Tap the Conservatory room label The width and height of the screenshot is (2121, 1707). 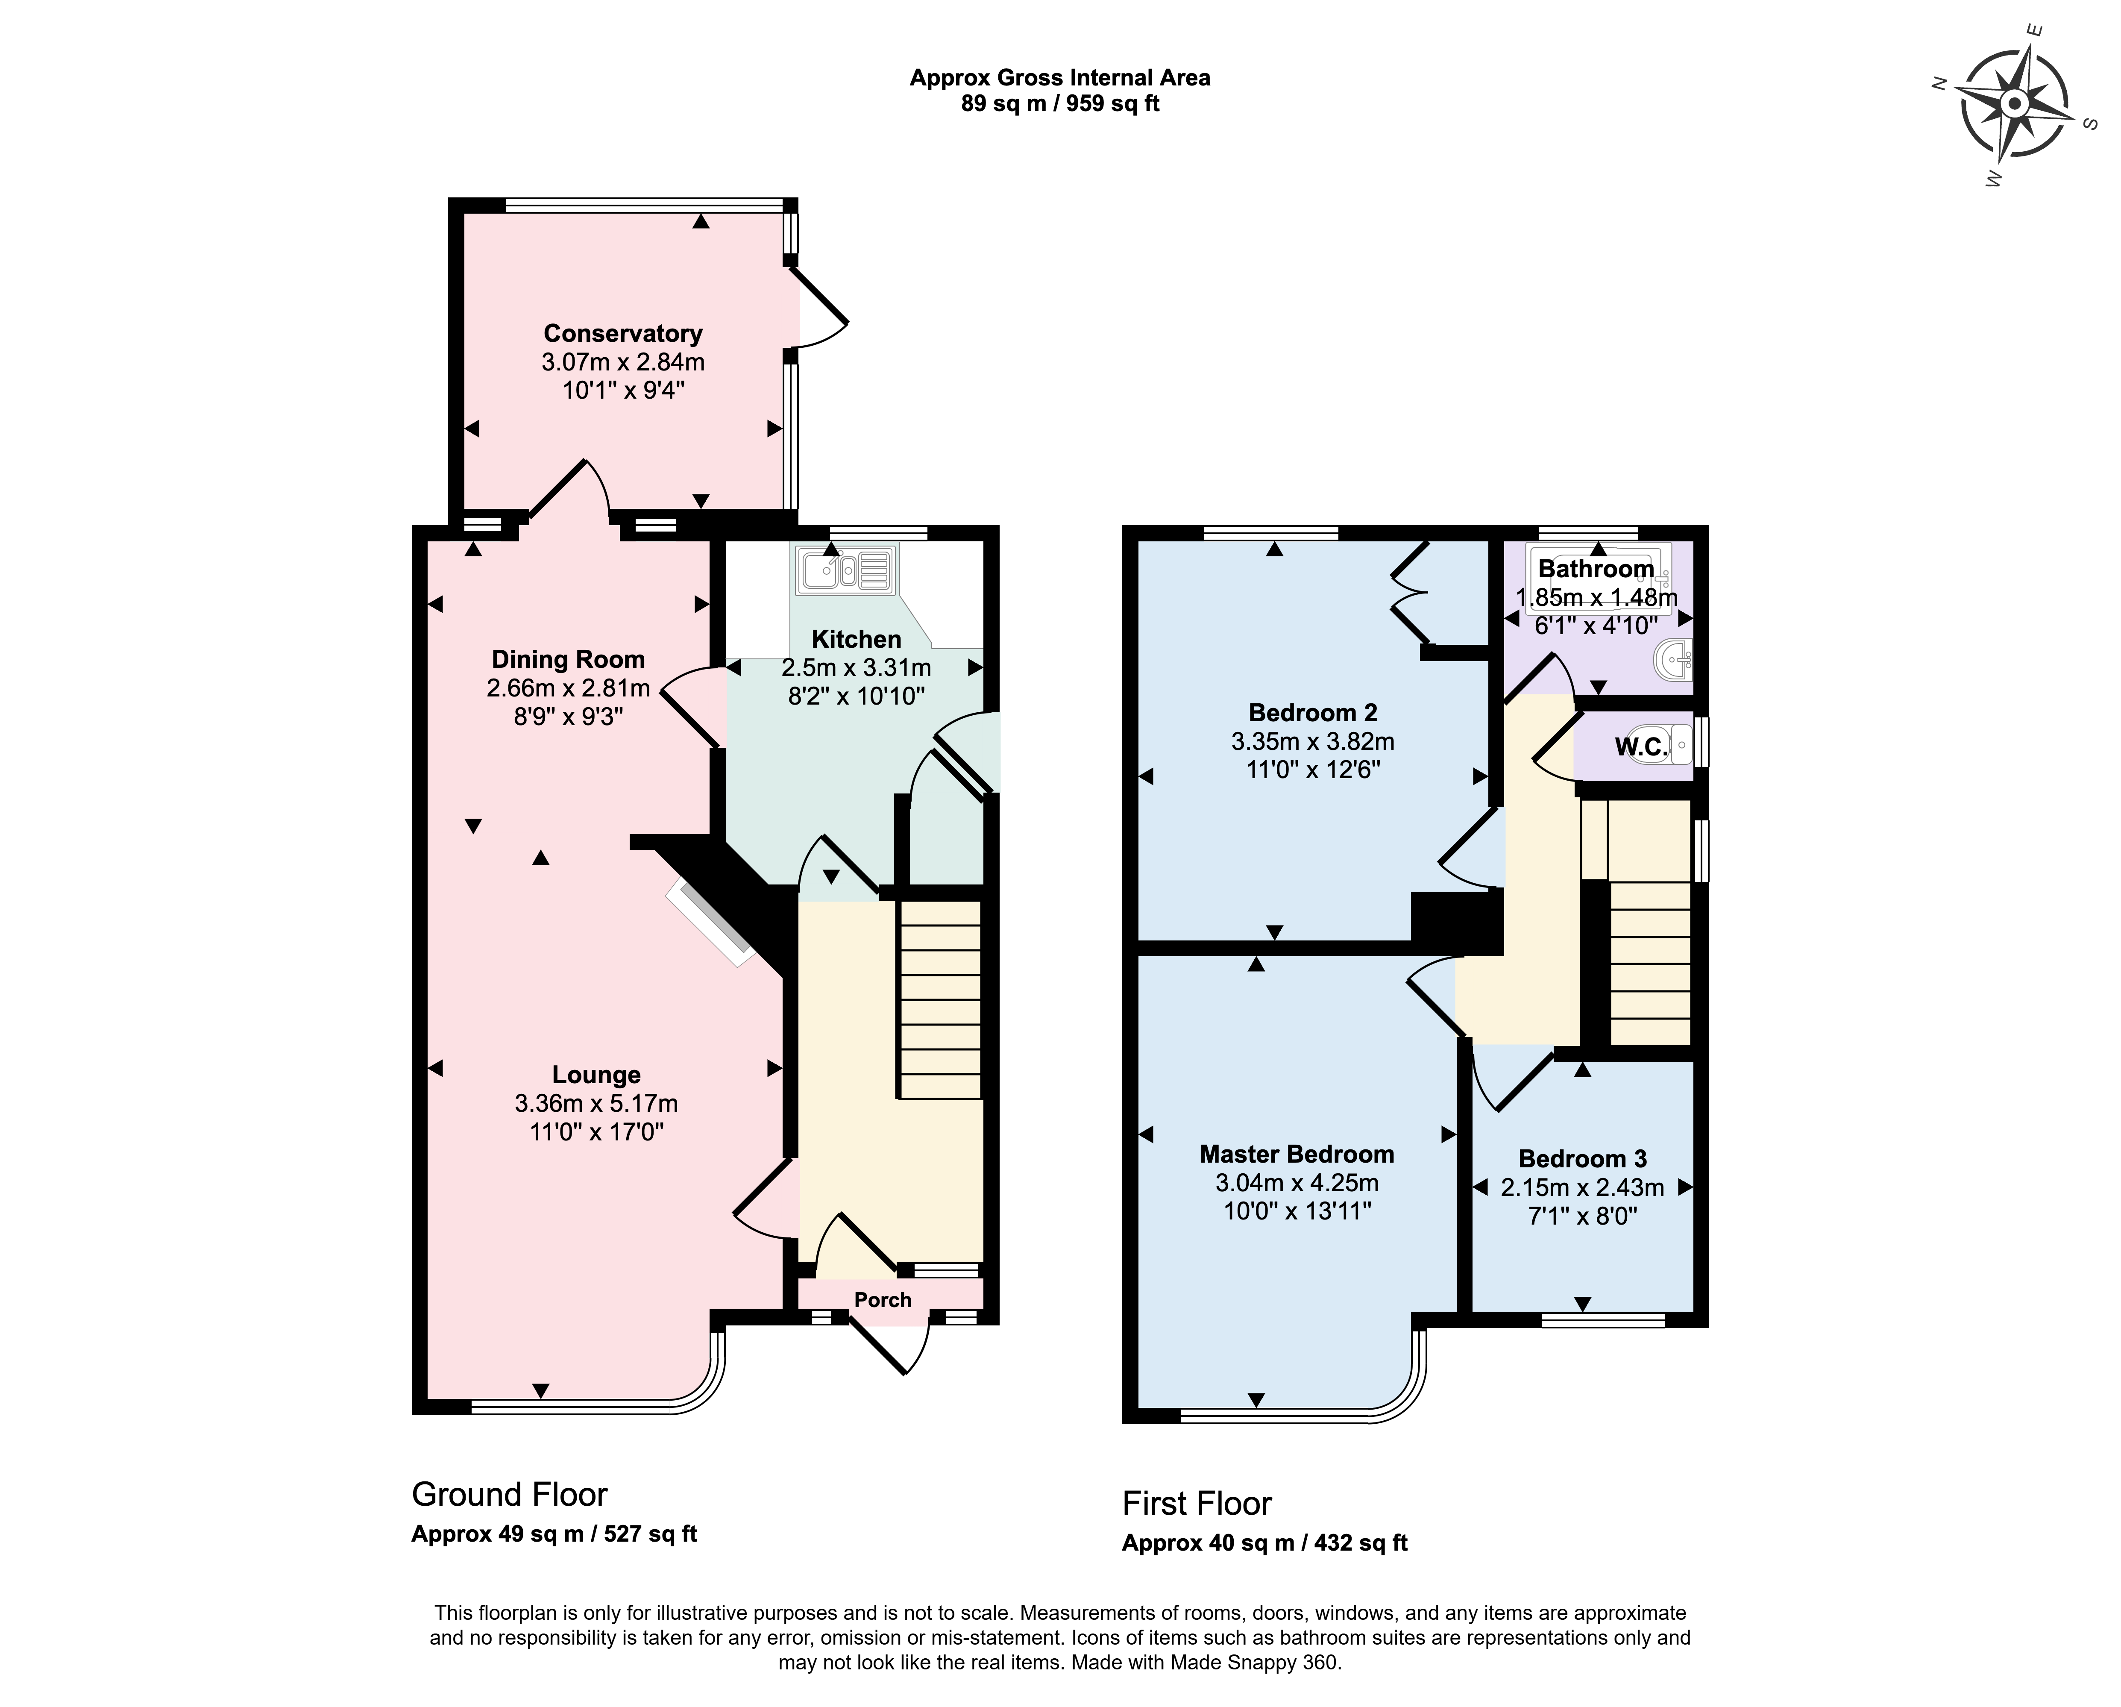[x=623, y=334]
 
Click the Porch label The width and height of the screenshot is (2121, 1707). [x=883, y=1300]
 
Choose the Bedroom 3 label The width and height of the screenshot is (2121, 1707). [x=1582, y=1159]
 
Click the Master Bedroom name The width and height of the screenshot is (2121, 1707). [x=1297, y=1154]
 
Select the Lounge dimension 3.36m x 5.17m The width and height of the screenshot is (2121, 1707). [x=596, y=1104]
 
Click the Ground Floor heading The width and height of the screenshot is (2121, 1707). [x=510, y=1495]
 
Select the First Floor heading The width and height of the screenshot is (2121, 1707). [x=1197, y=1503]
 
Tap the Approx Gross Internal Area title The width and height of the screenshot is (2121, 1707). [x=1059, y=78]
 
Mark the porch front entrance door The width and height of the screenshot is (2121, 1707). [x=888, y=1345]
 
